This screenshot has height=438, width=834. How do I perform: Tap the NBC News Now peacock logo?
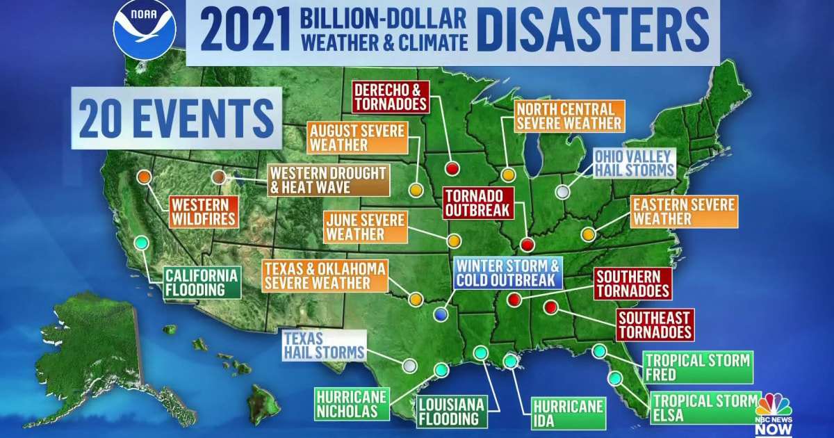(774, 405)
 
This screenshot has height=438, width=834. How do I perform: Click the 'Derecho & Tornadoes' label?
(391, 97)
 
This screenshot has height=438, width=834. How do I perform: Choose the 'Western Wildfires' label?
(202, 212)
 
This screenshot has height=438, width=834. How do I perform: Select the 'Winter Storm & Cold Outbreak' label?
(507, 273)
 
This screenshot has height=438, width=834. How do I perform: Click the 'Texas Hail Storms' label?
(324, 345)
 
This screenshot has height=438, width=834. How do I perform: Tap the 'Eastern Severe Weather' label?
(683, 211)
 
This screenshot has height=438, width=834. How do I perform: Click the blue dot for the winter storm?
(440, 314)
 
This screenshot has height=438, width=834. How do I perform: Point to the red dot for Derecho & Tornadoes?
(452, 168)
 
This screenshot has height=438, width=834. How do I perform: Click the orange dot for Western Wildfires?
(145, 177)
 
